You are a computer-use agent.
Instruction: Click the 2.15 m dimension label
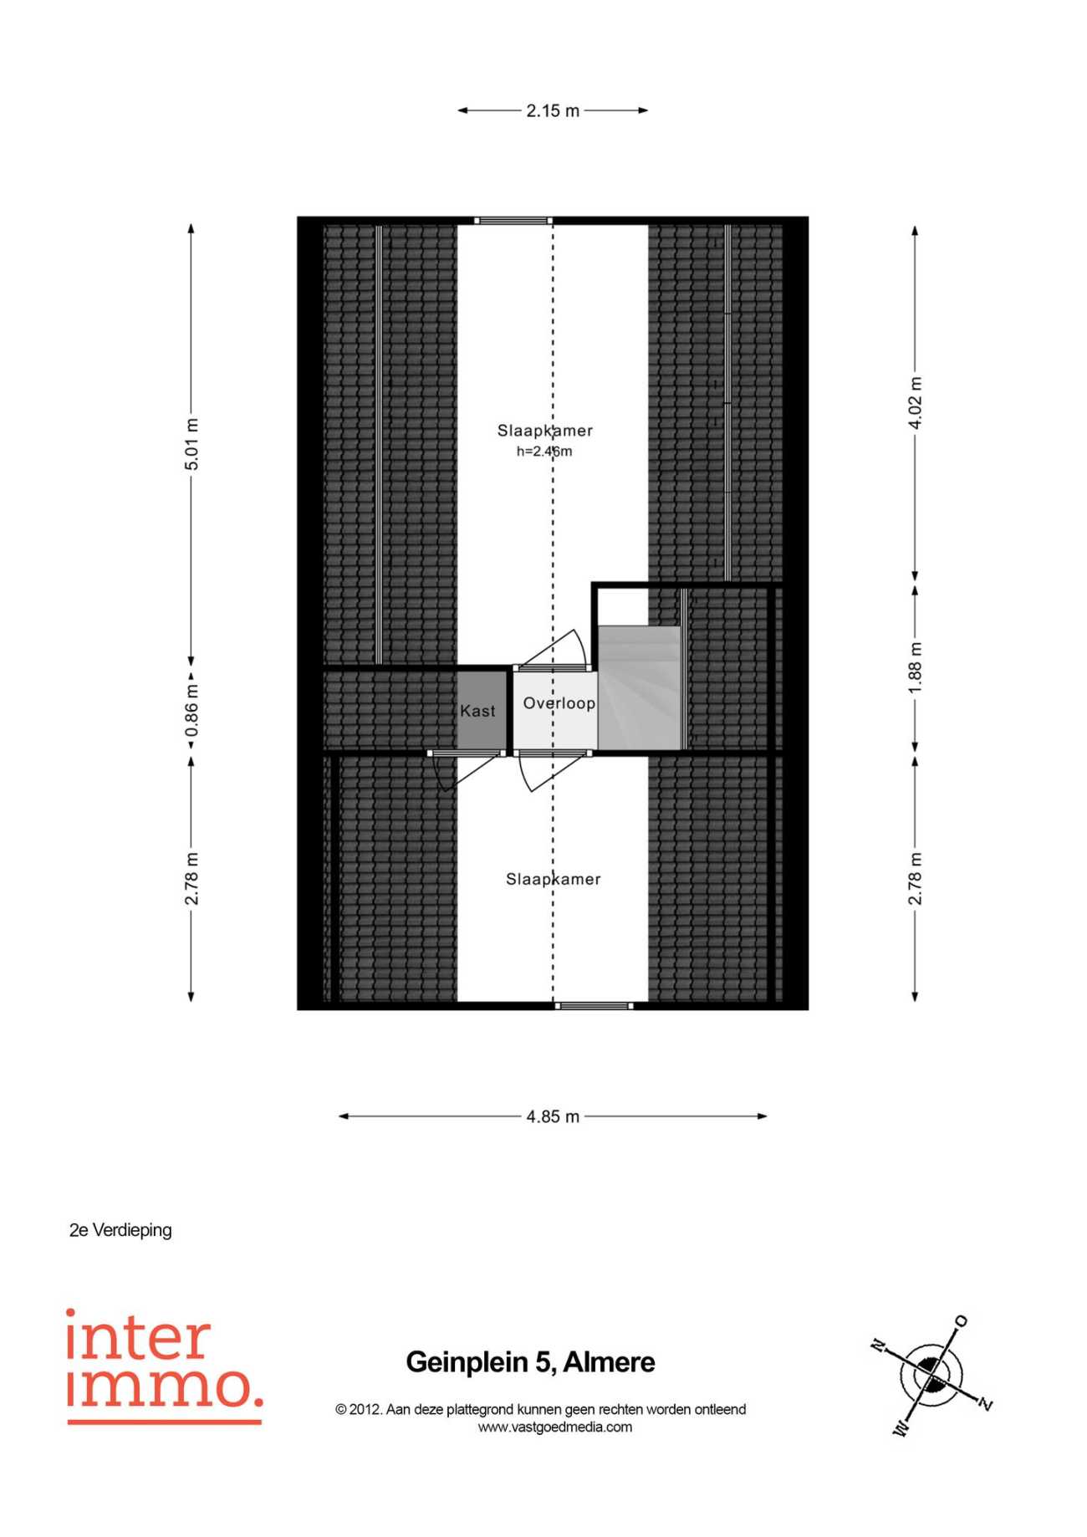(553, 110)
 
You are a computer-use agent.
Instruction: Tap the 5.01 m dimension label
(191, 443)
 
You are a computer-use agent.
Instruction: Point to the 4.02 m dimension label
(916, 403)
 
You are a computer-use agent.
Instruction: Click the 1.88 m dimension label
(916, 667)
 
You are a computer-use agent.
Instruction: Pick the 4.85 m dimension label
(553, 1116)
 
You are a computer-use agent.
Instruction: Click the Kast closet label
(477, 711)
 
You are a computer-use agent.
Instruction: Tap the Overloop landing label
(559, 703)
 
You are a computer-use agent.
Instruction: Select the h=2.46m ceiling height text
(544, 452)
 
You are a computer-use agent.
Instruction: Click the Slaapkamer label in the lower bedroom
(554, 879)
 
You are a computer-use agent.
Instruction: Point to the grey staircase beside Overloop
(639, 687)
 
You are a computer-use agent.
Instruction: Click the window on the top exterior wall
(513, 221)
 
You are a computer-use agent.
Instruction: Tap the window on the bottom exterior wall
(594, 1006)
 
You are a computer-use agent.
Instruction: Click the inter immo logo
(164, 1366)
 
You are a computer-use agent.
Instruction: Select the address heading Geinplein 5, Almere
(530, 1362)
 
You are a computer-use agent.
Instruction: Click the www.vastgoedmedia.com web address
(554, 1427)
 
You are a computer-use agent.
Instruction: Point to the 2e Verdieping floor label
(120, 1230)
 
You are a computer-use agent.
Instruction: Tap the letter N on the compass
(878, 1346)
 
